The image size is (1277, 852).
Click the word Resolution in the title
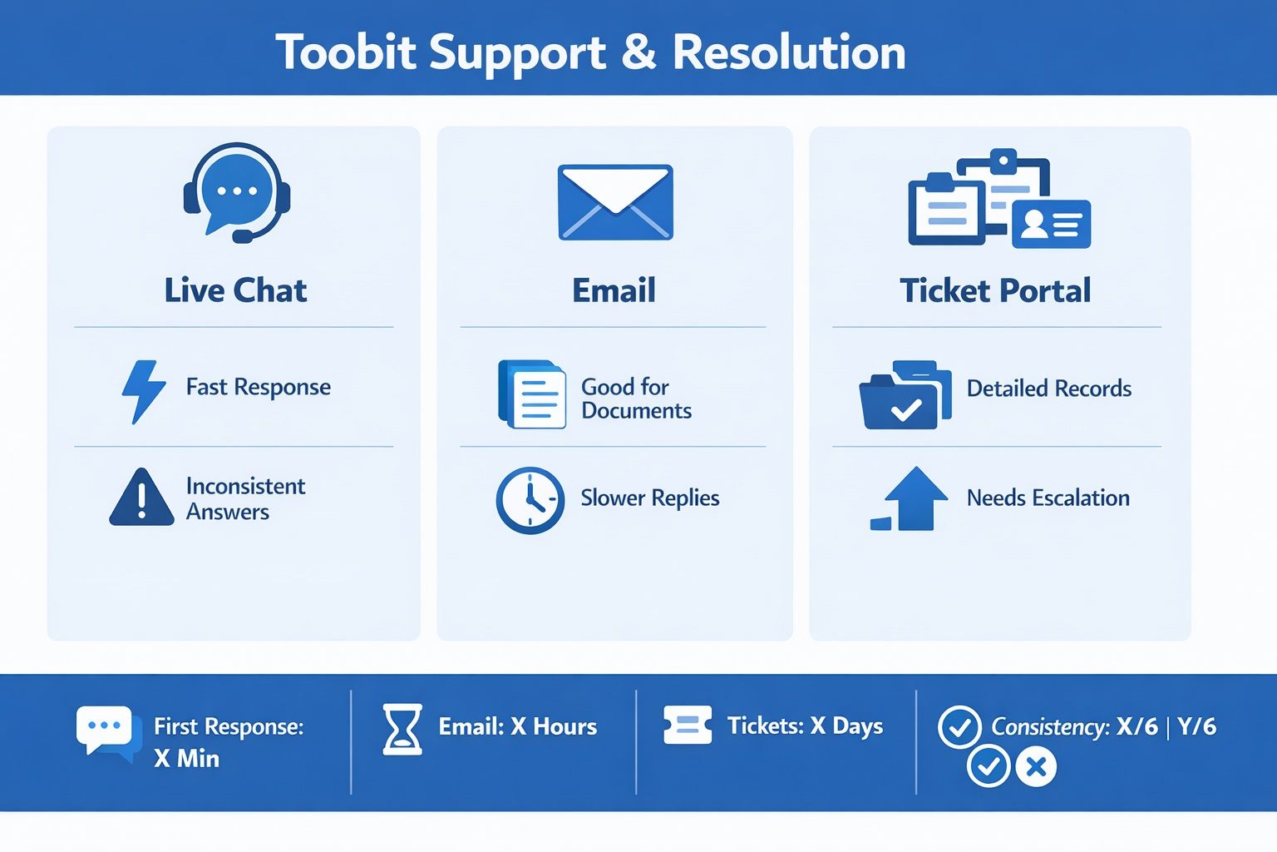point(789,52)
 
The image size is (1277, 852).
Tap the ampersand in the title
point(639,52)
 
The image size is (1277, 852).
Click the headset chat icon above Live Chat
point(237,193)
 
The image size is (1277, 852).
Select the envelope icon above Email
point(615,202)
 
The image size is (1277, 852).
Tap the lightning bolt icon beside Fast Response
point(144,392)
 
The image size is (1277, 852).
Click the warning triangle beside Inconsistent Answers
point(141,497)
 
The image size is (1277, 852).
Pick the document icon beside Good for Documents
point(532,394)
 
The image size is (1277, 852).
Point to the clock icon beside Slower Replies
point(530,501)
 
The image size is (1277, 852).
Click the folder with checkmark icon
point(905,395)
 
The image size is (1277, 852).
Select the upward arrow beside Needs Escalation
point(915,498)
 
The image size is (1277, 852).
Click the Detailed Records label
point(1049,388)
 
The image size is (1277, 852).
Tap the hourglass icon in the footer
point(402,730)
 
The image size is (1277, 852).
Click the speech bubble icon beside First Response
point(108,734)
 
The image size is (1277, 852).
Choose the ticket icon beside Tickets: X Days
point(688,725)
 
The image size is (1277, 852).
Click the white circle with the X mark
point(1036,766)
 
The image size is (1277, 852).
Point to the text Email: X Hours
point(518,726)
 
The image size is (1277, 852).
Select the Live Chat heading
point(235,290)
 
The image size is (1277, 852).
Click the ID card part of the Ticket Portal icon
point(1051,224)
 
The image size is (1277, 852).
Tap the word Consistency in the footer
point(1050,727)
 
